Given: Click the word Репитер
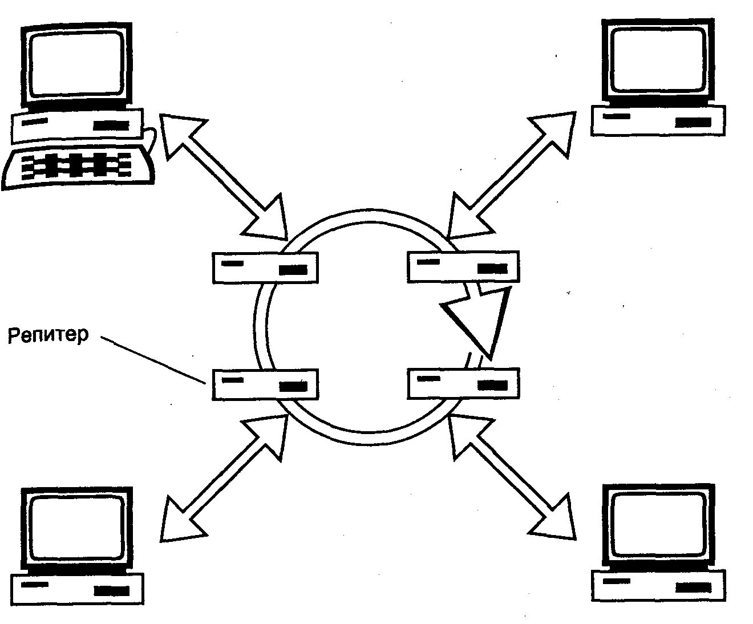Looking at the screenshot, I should tap(48, 335).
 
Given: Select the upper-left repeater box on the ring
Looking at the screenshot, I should tap(265, 268).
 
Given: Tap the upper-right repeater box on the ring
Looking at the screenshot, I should tap(463, 266).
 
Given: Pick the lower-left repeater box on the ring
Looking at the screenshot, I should tap(265, 384).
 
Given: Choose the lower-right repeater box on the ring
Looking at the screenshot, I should tap(463, 383).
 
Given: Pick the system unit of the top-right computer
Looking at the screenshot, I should tap(658, 120).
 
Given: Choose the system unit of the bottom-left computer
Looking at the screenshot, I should tap(77, 589).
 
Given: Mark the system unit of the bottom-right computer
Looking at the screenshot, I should tap(659, 585).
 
